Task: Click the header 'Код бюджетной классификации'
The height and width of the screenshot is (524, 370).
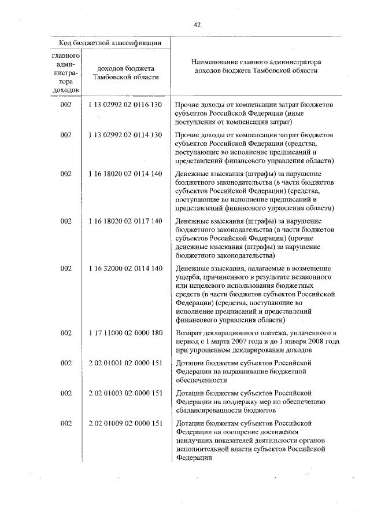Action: coord(109,43)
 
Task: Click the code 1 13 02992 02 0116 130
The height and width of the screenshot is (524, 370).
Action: coord(125,104)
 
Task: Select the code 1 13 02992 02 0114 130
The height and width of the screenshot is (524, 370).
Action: coord(125,135)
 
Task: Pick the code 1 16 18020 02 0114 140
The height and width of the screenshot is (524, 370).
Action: coord(125,174)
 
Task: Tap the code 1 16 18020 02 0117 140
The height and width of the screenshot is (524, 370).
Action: coord(125,221)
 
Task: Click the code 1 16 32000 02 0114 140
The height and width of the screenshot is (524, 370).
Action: coord(125,269)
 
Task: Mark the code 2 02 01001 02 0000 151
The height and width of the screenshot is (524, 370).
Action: coord(125,363)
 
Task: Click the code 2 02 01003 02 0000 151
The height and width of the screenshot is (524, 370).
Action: coord(125,394)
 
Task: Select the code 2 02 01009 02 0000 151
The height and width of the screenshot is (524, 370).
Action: coord(125,424)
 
